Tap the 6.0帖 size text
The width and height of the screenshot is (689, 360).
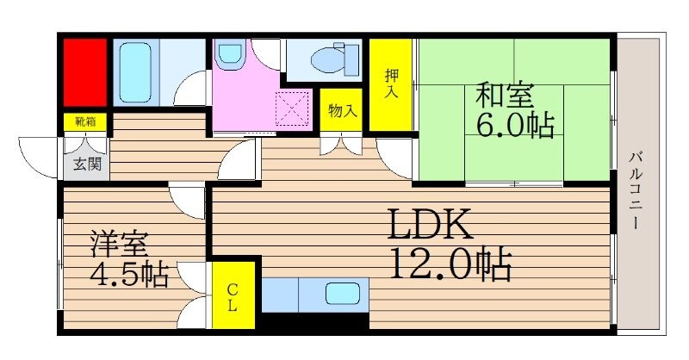click(515, 126)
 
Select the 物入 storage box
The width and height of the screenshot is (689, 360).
click(343, 111)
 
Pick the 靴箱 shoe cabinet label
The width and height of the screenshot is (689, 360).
click(84, 122)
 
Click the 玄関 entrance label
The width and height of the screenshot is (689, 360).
click(85, 161)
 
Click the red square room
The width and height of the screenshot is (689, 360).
click(84, 71)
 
